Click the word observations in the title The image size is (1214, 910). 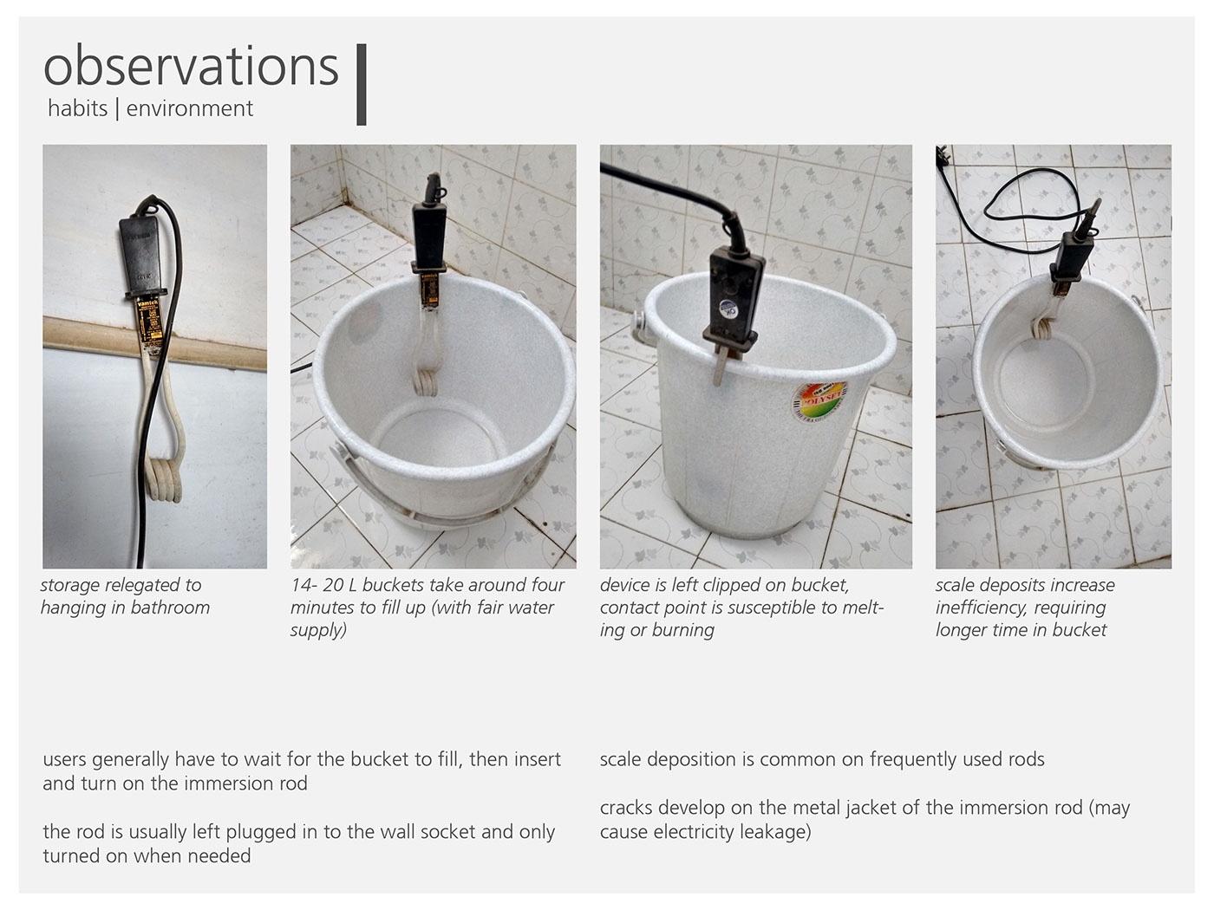point(191,67)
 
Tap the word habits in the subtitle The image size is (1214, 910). point(77,108)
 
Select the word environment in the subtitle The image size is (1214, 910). point(190,109)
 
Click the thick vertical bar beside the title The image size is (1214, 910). point(361,85)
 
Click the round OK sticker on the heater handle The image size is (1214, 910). point(728,308)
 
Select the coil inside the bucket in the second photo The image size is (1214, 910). point(425,382)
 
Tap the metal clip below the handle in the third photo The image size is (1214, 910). point(720,365)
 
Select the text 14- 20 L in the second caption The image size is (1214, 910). point(323,585)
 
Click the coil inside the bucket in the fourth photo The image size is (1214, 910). point(1042,330)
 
